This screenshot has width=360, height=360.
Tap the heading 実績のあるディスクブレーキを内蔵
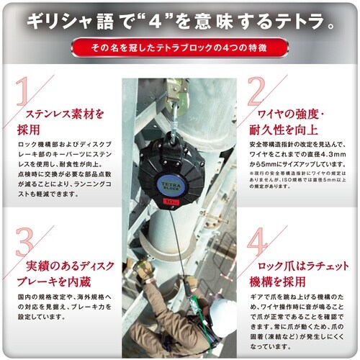68,269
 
